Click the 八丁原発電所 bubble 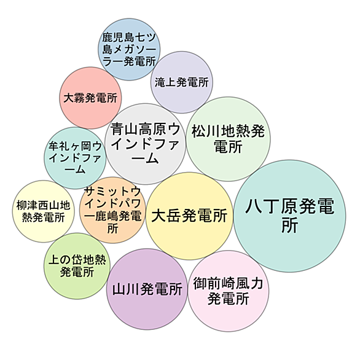[289, 216]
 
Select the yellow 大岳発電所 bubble [189, 216]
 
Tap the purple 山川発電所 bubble [147, 289]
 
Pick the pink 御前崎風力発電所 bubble [228, 291]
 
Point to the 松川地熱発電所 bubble [228, 139]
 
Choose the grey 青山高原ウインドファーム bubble [145, 144]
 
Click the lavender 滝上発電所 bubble [182, 82]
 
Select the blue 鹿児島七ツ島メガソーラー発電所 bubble [129, 49]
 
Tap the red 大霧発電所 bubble [90, 98]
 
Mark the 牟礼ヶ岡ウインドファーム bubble [75, 158]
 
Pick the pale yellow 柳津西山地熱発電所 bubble [44, 211]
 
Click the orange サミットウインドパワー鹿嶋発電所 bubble [112, 210]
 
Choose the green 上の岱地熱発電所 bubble [77, 266]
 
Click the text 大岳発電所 [189, 216]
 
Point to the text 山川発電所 [147, 289]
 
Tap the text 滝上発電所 [182, 82]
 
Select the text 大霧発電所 [90, 98]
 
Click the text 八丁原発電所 [289, 216]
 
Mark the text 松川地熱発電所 [228, 139]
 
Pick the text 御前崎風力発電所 [228, 291]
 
